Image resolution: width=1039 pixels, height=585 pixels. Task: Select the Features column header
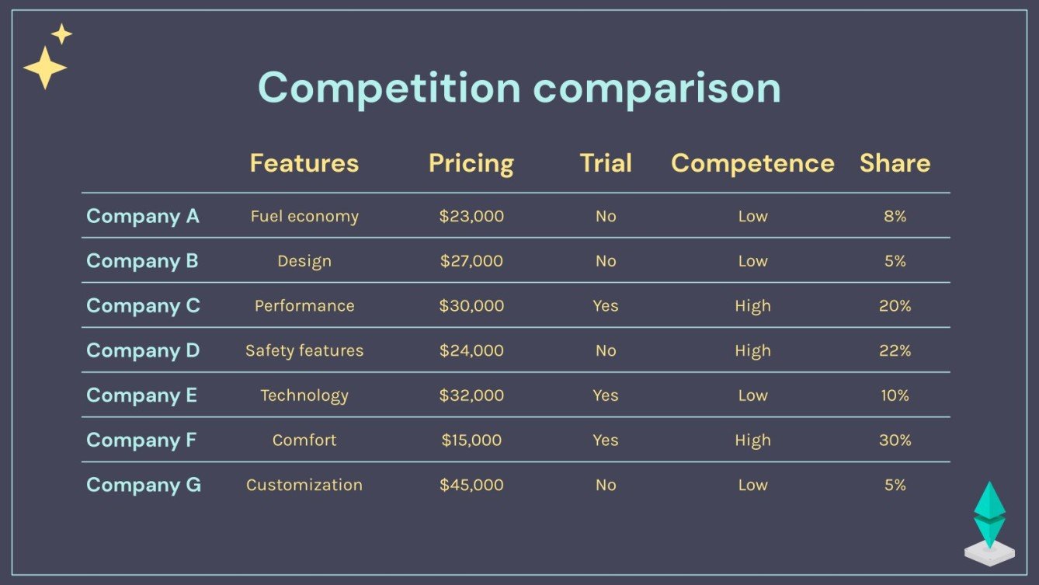[304, 163]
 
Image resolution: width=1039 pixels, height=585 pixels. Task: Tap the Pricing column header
[471, 163]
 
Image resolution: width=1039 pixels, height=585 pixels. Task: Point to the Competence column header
[752, 163]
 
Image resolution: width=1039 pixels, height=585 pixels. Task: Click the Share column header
[895, 163]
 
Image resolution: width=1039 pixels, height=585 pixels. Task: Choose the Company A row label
[143, 216]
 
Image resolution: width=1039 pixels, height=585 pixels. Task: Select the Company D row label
[143, 350]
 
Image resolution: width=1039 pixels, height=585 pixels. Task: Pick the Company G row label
[144, 485]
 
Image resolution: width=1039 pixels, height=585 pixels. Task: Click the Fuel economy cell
[304, 216]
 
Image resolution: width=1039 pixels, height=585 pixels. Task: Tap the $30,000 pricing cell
[471, 306]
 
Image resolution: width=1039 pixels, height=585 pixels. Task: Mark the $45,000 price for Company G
[471, 485]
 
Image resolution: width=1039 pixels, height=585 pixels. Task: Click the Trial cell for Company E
[606, 395]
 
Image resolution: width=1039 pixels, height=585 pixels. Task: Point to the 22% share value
[895, 350]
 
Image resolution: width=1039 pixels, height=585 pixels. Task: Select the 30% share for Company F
[895, 440]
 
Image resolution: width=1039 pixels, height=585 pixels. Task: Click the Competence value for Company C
[752, 306]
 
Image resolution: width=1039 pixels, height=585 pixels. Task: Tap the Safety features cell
[304, 350]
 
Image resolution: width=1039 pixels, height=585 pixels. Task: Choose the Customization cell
[304, 485]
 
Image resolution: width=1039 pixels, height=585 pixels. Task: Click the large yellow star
[45, 68]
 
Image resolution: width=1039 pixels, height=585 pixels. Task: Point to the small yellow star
[61, 34]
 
